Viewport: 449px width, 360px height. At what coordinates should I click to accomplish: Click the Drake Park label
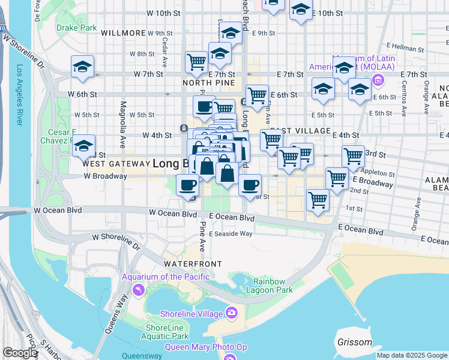pos(76,28)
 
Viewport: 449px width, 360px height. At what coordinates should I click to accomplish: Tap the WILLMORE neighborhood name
pos(123,33)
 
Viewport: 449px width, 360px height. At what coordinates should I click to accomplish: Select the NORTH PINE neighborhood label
pos(206,82)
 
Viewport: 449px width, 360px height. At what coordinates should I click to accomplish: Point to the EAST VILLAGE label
pos(300,130)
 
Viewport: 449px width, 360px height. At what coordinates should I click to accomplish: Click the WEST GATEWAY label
pos(115,163)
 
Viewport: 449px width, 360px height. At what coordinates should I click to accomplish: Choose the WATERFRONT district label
pos(193,264)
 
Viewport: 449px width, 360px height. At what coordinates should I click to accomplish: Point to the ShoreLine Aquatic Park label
pos(167,332)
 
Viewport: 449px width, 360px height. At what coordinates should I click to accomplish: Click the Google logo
pos(20,353)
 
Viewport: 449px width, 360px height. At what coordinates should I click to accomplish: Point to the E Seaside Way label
pos(232,234)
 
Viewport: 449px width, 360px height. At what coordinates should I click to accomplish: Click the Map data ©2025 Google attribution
pos(412,355)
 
